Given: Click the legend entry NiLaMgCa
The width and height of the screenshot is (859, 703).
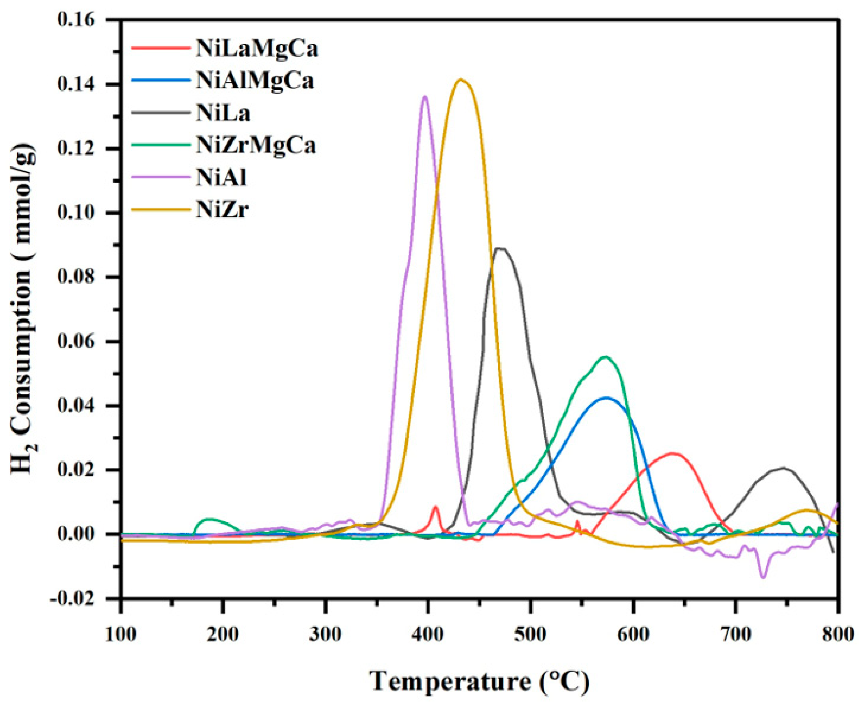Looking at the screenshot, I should click(257, 49).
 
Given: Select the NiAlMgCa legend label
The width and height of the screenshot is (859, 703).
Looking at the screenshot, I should click(255, 81).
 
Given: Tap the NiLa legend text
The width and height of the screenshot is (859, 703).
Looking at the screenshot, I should click(223, 114).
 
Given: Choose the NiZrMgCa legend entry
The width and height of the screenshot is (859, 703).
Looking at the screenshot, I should click(255, 146).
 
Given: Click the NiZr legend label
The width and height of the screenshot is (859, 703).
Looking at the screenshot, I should click(222, 210).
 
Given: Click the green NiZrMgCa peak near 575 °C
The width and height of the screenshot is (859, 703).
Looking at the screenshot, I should click(606, 357).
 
